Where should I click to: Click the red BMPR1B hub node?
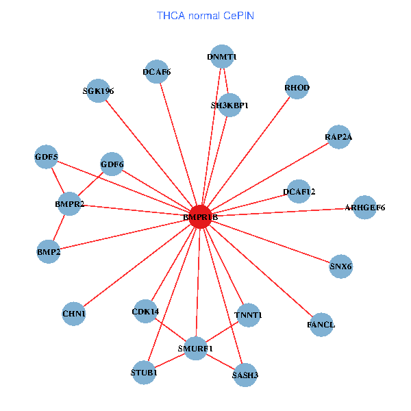pos(200,216)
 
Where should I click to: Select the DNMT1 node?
pos(222,57)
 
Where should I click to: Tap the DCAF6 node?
pos(157,71)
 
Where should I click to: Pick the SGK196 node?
pos(98,91)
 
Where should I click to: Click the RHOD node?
pos(297,88)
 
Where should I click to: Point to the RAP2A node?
pos(338,137)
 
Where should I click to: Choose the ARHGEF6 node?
pos(364,208)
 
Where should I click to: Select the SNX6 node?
pos(340,266)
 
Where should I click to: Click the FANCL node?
pos(321,324)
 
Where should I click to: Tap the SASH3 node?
pos(246,375)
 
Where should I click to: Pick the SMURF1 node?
pos(196,348)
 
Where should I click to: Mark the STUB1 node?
pos(144,373)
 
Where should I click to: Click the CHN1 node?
pos(73,314)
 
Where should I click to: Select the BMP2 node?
pos(49,252)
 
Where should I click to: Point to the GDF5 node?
pos(47,158)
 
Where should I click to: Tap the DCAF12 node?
pos(299,191)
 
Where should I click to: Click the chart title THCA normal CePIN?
pos(206,14)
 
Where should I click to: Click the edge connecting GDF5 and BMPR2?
pos(58,181)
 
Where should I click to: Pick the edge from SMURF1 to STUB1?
pos(170,360)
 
